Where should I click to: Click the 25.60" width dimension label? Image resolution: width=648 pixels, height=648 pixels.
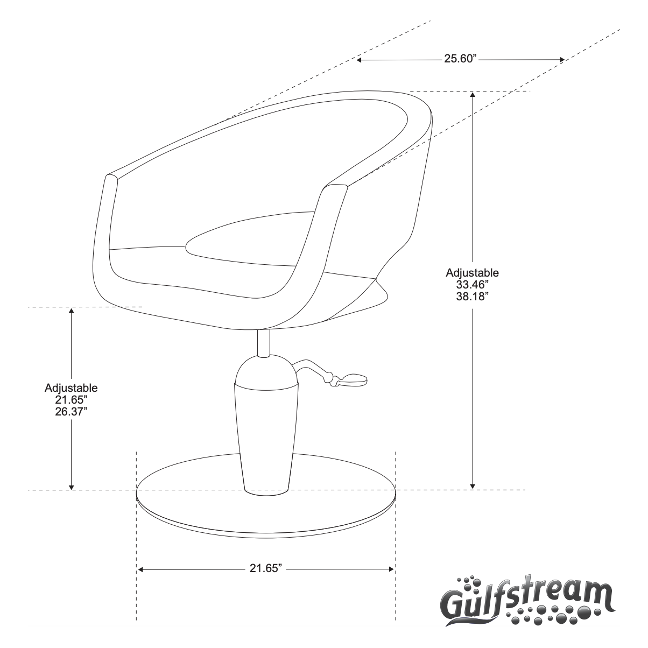tap(461, 59)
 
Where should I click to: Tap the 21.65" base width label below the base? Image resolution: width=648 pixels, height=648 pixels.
tap(266, 569)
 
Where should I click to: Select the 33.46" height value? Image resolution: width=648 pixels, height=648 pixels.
tap(472, 284)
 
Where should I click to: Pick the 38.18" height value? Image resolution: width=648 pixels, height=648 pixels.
tap(472, 295)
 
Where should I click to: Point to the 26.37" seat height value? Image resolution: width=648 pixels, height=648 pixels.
tap(71, 410)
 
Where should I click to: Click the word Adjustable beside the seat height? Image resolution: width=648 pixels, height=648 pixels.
tap(71, 388)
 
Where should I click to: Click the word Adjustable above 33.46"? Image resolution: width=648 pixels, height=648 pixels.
tap(472, 272)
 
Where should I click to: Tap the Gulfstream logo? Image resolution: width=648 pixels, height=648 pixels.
tap(526, 599)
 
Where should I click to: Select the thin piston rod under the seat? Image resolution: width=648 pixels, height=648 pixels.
tap(263, 343)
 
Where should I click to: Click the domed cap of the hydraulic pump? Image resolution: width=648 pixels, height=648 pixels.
tap(266, 372)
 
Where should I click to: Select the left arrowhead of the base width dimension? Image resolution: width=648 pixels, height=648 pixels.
tap(140, 569)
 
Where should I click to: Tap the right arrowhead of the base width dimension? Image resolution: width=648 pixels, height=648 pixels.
tap(392, 569)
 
